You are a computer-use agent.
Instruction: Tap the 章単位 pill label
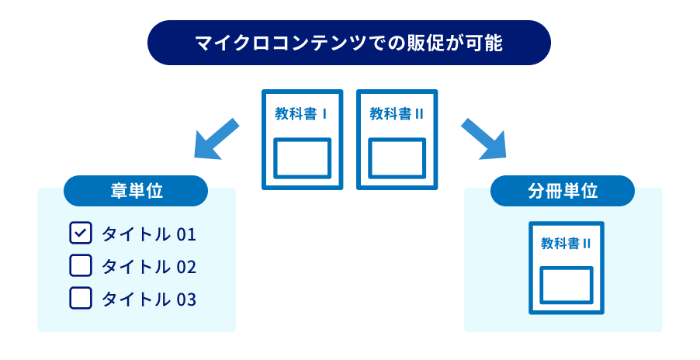(x=136, y=191)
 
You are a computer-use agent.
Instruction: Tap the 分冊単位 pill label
(x=563, y=191)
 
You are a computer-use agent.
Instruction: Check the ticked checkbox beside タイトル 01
(x=81, y=234)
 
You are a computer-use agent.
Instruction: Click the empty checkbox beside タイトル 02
(x=81, y=266)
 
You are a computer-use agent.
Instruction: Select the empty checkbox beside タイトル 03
(x=81, y=299)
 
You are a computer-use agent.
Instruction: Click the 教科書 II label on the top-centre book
(x=397, y=114)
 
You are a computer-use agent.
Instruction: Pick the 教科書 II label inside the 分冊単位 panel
(x=567, y=244)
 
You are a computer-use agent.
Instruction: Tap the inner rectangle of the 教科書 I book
(x=303, y=158)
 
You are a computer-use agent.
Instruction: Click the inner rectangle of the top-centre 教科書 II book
(x=397, y=158)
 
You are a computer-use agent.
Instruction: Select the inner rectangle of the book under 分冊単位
(x=567, y=286)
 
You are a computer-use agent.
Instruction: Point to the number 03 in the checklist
(x=186, y=299)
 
